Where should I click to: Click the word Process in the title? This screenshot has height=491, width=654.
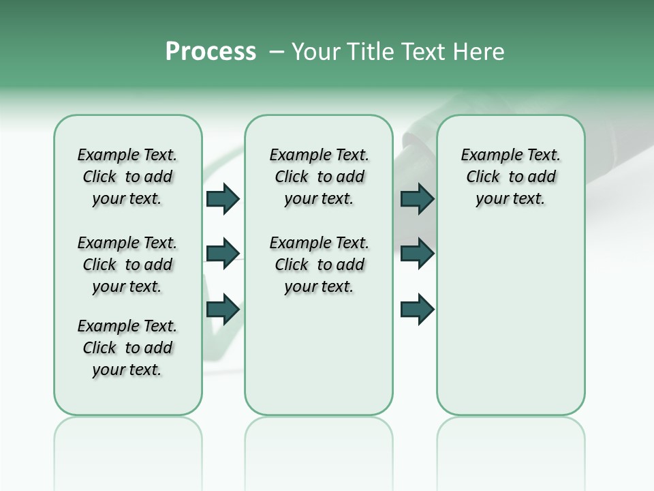pyautogui.click(x=211, y=52)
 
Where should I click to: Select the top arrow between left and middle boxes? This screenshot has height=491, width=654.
pyautogui.click(x=223, y=198)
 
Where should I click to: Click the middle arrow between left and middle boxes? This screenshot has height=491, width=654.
pyautogui.click(x=223, y=254)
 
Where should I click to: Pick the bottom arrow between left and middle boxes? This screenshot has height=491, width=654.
pyautogui.click(x=223, y=309)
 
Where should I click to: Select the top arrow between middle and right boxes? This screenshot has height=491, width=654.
pyautogui.click(x=417, y=198)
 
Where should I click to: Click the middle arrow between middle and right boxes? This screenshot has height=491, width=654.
pyautogui.click(x=417, y=254)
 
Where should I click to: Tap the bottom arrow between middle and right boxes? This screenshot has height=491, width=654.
pyautogui.click(x=417, y=309)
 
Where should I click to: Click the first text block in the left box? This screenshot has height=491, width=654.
pyautogui.click(x=127, y=177)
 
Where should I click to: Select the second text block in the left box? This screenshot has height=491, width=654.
pyautogui.click(x=127, y=265)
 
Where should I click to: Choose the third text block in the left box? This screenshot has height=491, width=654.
pyautogui.click(x=127, y=348)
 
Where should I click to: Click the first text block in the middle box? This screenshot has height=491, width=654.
pyautogui.click(x=319, y=177)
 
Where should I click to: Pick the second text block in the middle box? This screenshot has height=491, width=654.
pyautogui.click(x=319, y=265)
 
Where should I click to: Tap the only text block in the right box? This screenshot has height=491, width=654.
pyautogui.click(x=510, y=177)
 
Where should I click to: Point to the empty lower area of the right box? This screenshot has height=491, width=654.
pyautogui.click(x=510, y=327)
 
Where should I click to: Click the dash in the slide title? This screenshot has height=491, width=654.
pyautogui.click(x=277, y=52)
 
